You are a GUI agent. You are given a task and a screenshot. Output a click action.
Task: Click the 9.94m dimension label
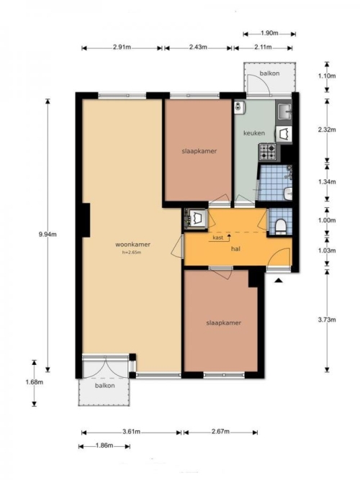click(48, 235)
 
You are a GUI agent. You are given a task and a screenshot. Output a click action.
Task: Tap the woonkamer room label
click(132, 244)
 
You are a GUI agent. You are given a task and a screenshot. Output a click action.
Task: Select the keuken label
click(254, 133)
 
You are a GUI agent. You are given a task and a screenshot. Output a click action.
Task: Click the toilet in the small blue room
click(280, 226)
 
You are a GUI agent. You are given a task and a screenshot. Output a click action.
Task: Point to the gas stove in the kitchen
click(267, 152)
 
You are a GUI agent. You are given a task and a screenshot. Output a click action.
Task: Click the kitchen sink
click(284, 111)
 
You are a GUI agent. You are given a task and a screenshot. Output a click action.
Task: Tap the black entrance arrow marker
click(278, 280)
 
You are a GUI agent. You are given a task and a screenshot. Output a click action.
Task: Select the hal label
click(235, 249)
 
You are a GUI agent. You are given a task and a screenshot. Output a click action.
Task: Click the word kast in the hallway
click(218, 237)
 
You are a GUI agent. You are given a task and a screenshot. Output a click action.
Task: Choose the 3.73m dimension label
click(327, 320)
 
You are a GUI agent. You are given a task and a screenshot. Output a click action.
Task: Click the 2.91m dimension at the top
click(122, 47)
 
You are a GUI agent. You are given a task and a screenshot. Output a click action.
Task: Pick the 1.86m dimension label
click(104, 445)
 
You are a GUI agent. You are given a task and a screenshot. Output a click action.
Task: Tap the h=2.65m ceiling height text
click(132, 253)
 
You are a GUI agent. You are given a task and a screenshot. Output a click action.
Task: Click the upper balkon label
click(269, 73)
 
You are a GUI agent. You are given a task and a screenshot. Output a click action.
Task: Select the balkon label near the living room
click(105, 386)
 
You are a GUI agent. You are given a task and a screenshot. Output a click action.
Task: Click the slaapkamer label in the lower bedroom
click(224, 322)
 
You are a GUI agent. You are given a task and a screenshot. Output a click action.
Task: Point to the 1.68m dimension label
click(35, 382)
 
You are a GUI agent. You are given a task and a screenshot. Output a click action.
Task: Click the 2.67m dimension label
click(220, 432)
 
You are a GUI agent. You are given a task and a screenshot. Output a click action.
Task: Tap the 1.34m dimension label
click(327, 181)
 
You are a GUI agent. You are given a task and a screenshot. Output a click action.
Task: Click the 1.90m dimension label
click(269, 33)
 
